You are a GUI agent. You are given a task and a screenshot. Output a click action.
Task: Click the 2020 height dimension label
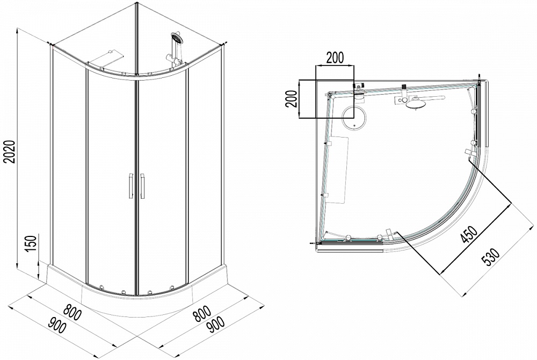10,151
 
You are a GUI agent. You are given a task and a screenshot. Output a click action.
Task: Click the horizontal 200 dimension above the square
335,58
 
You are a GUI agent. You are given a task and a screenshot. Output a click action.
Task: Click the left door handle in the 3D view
130,186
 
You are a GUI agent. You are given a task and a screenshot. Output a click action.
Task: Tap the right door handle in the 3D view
142,186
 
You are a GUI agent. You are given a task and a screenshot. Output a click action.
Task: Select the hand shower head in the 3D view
177,38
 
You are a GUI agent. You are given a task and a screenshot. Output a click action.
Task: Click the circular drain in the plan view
354,117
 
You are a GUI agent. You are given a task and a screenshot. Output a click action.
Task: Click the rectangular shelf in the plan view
337,170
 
